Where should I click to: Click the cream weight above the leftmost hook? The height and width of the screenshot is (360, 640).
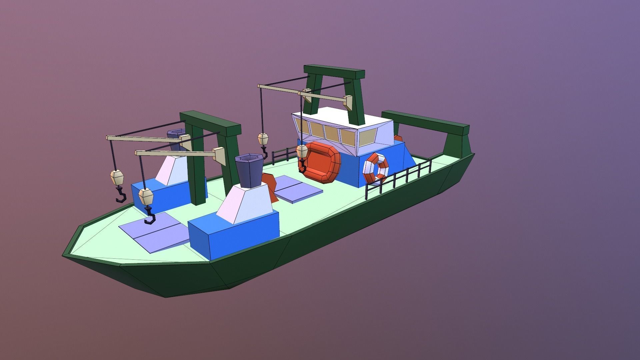tap(117, 177)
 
